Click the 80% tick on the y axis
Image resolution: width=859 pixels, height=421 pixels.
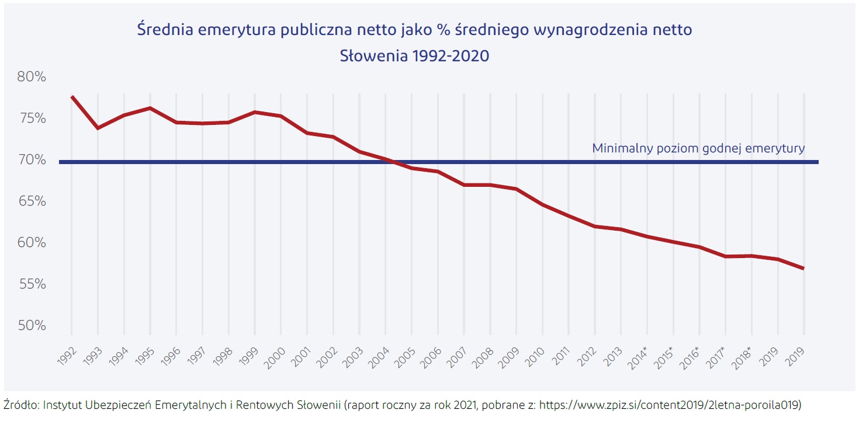[x=32, y=77]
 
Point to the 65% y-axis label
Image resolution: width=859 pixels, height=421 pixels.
[x=32, y=201]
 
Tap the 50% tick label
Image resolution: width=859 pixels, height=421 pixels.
[x=32, y=325]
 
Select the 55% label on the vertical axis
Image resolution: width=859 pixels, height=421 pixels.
[x=32, y=284]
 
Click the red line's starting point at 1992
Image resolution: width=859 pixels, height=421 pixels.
[x=71, y=96]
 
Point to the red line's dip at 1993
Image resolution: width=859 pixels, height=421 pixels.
[x=98, y=128]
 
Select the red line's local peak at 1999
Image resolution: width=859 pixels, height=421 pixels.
[x=255, y=112]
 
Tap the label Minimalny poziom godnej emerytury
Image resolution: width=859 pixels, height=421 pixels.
[x=698, y=148]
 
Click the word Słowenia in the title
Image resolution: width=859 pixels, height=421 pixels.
[x=374, y=57]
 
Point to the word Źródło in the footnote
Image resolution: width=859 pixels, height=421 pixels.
[x=20, y=405]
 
